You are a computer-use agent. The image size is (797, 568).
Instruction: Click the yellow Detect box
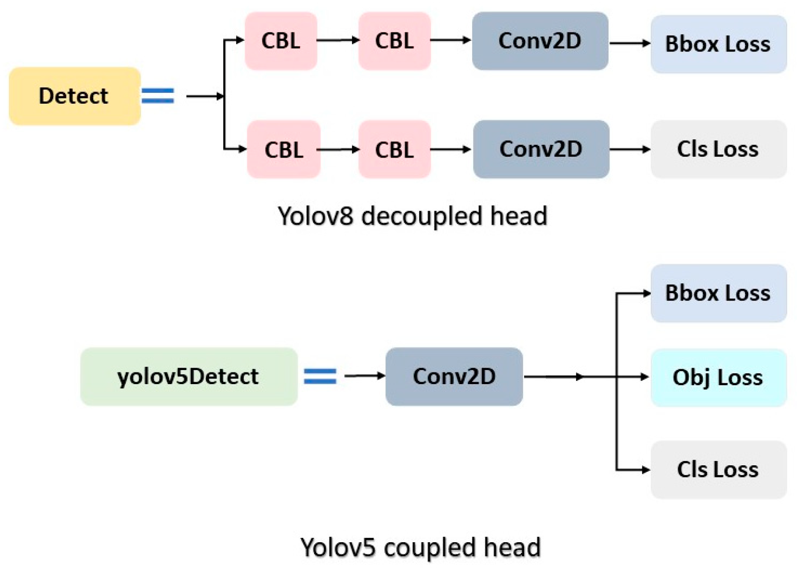[75, 96]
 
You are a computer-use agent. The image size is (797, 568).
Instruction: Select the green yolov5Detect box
[188, 376]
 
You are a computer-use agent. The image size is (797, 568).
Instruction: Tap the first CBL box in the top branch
[281, 41]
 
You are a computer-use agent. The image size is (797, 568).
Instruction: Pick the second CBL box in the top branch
[394, 41]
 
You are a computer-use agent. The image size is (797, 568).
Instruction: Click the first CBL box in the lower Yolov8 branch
[283, 149]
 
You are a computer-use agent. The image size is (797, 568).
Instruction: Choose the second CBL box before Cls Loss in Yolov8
[394, 149]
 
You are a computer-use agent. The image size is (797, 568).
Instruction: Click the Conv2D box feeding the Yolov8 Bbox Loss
[540, 41]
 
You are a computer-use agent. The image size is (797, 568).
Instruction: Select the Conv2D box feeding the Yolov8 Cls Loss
[541, 149]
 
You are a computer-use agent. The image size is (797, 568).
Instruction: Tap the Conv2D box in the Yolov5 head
[454, 376]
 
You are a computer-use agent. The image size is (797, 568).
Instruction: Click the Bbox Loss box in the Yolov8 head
[718, 44]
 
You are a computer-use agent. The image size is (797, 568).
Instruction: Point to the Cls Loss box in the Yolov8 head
[718, 149]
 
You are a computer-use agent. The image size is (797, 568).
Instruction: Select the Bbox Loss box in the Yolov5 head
[718, 293]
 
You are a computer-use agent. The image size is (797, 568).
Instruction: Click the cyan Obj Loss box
[718, 377]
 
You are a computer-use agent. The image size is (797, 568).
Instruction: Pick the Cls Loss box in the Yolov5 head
[718, 469]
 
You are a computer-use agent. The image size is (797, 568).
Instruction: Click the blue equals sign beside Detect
[158, 96]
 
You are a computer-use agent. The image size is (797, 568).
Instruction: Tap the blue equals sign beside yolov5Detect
[320, 376]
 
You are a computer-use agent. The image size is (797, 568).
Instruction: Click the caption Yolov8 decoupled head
[413, 216]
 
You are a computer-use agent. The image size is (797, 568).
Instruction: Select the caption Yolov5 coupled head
[421, 547]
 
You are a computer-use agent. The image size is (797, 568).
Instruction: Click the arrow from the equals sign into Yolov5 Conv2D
[364, 376]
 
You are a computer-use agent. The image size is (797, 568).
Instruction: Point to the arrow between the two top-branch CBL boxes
[338, 40]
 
